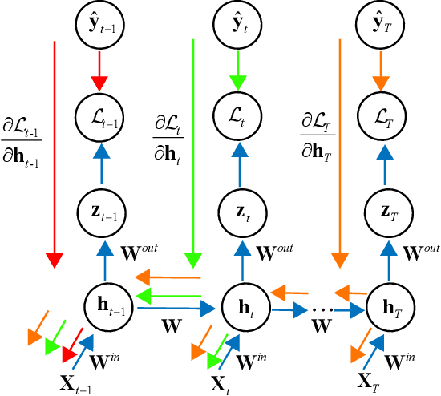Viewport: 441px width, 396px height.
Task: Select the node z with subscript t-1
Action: click(x=100, y=212)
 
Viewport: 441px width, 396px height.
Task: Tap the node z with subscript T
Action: click(x=381, y=212)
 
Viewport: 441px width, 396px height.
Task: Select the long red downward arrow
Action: click(x=55, y=152)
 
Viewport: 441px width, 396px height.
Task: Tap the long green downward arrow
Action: click(x=193, y=152)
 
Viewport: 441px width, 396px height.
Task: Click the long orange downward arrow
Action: click(x=340, y=152)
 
